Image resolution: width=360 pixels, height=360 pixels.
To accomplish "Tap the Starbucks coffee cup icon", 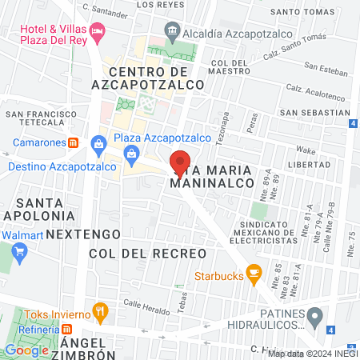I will tap(254, 274).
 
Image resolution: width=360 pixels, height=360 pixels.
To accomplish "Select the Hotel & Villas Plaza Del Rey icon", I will tap(98, 33).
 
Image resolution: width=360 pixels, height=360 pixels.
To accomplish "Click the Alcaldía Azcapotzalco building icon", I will tap(172, 31).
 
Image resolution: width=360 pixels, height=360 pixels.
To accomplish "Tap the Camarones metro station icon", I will tap(72, 143).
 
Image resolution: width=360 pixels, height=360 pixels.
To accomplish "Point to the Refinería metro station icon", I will tap(68, 328).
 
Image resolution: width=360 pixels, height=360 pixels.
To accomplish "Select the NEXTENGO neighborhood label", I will tap(83, 234).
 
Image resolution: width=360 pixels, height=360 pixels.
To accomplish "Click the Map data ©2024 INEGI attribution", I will tap(312, 353).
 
